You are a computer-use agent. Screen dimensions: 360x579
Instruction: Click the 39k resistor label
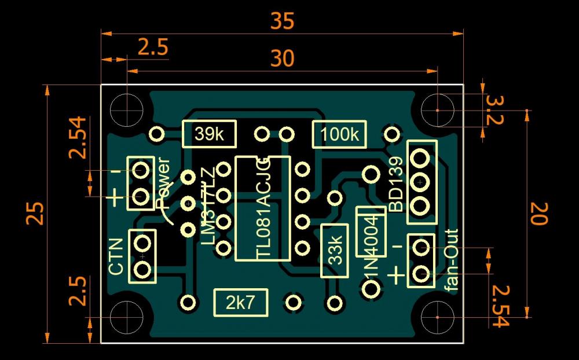click(x=209, y=134)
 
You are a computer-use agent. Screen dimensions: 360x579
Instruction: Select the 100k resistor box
click(x=340, y=134)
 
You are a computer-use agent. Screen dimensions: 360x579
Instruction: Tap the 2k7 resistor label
click(x=241, y=302)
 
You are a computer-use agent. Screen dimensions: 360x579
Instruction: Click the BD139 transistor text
click(x=395, y=184)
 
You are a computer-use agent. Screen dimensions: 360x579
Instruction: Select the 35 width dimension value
click(x=283, y=21)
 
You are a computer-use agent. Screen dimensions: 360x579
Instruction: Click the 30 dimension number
click(x=283, y=58)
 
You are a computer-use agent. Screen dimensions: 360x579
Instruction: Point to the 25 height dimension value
click(x=35, y=213)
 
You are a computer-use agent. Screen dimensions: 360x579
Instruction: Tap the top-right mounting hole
click(x=437, y=109)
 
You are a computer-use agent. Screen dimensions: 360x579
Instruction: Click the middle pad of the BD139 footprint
click(x=421, y=182)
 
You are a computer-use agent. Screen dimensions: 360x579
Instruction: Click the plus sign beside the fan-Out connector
click(x=396, y=275)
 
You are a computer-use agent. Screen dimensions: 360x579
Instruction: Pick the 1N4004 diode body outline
click(x=371, y=232)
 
